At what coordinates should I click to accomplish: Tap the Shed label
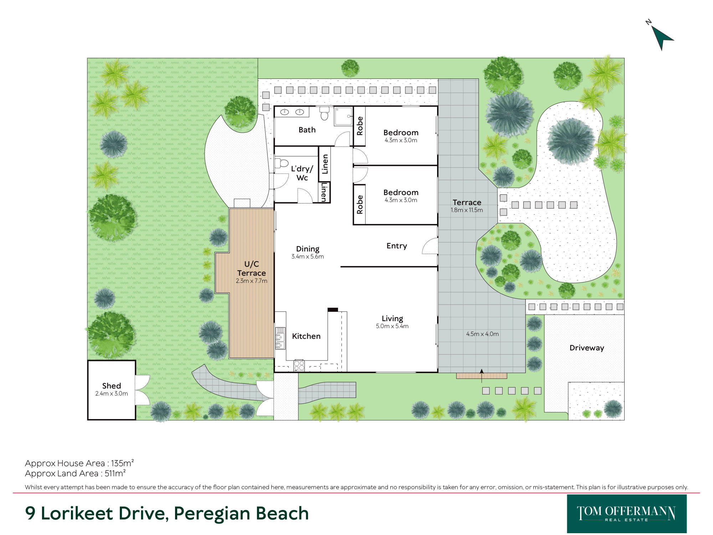(112, 386)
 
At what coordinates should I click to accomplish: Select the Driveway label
(587, 348)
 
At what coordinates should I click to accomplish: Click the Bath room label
(307, 130)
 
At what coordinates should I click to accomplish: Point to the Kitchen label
(306, 336)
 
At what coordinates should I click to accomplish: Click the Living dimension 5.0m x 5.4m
(392, 326)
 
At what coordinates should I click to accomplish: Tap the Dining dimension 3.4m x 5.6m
(308, 256)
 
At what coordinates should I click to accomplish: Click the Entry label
(396, 246)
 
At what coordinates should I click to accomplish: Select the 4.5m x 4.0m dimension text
(482, 334)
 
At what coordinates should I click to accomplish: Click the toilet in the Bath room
(324, 113)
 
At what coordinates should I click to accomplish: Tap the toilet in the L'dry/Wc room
(282, 163)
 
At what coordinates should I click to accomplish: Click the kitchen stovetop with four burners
(299, 366)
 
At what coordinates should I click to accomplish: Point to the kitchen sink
(280, 338)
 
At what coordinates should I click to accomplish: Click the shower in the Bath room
(343, 116)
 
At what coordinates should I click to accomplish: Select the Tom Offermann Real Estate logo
(627, 514)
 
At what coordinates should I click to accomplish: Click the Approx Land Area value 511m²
(115, 473)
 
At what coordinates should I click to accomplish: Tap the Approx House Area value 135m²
(122, 463)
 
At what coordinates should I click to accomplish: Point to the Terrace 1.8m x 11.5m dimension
(467, 210)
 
